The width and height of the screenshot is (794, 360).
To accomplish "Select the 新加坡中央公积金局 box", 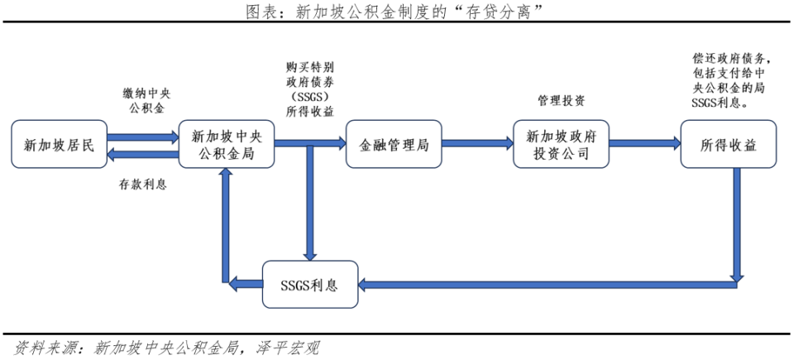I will [227, 146].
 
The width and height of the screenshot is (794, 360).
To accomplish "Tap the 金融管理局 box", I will [394, 146].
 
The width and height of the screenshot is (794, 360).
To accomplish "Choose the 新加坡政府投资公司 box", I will [562, 146].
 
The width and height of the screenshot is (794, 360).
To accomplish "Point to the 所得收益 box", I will [729, 146].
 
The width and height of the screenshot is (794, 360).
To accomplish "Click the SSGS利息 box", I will [310, 284].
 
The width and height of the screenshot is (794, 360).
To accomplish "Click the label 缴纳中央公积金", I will [146, 100].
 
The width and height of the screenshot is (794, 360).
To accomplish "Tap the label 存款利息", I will [143, 185].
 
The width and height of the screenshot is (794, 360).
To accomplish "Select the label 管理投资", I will [562, 100].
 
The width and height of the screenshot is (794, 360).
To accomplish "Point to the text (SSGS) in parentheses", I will [310, 97].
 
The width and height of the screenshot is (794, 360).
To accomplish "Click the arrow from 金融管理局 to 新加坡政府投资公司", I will [477, 144].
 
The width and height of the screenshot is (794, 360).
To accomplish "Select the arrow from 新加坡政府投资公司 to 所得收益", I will [645, 144].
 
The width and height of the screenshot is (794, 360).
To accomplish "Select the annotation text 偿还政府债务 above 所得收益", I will [731, 60].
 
